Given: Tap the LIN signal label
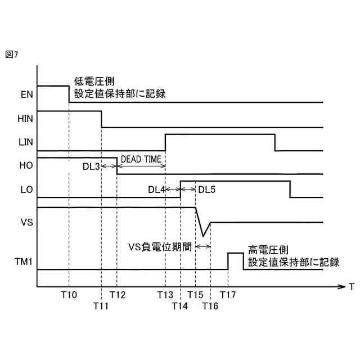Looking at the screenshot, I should coord(26,143).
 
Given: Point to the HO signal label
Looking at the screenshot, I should coord(26,166).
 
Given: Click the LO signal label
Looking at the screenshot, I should coord(26,190).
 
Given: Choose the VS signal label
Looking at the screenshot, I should coord(26,222).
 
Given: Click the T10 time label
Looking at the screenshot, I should coord(69,295).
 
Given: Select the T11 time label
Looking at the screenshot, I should coord(101,307).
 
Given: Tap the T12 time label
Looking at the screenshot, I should coord(118,295).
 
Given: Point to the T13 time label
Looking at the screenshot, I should coord(165,295).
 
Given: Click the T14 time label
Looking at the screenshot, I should coord(181,307).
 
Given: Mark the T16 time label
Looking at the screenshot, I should coord(210,307).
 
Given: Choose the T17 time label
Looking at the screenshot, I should coord(228,295).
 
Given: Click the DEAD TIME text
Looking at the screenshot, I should coord(141,160).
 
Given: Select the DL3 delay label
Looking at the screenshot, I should coord(91,167).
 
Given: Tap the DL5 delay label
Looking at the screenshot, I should coord(207,189).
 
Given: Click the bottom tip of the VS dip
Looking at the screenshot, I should coord(203,236).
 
